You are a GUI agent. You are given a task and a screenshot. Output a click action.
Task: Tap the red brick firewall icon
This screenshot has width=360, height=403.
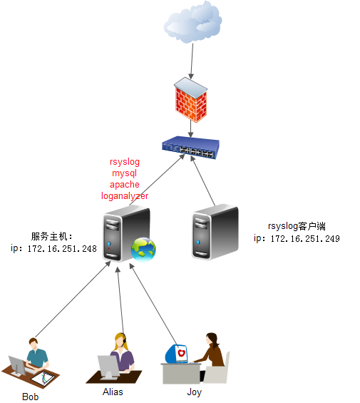tap(190, 101)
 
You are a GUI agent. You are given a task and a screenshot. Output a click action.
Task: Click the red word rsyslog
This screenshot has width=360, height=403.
tap(125, 163)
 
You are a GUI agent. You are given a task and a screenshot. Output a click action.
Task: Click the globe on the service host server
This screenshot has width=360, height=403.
tap(143, 248)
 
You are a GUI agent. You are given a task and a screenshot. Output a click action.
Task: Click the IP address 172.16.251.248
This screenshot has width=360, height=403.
tap(61, 249)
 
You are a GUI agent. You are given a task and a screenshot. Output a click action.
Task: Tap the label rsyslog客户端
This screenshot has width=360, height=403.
tap(296, 225)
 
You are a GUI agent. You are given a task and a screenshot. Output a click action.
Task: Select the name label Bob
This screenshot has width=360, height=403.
tap(30, 397)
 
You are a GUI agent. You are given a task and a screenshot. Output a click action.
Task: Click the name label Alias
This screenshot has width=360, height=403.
tap(113, 392)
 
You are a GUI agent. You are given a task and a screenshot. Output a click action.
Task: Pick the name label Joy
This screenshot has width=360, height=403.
tap(194, 392)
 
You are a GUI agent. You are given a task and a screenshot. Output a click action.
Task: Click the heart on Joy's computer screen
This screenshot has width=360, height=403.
tap(180, 353)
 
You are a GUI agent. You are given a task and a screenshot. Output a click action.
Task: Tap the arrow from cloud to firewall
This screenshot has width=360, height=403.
tap(190, 61)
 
